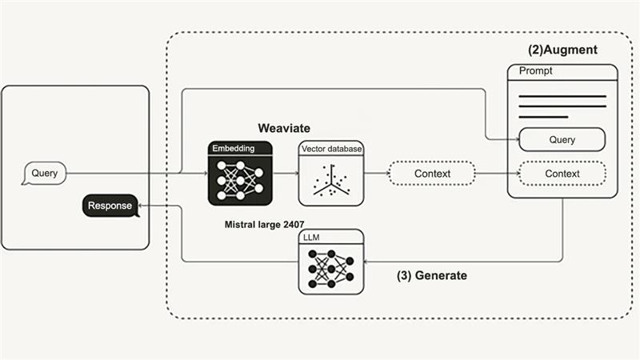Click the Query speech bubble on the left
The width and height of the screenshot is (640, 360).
(x=45, y=173)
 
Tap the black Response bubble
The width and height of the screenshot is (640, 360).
(x=109, y=206)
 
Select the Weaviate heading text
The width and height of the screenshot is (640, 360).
(x=283, y=128)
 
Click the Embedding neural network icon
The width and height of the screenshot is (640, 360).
(x=240, y=180)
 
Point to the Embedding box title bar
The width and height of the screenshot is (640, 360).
(x=240, y=149)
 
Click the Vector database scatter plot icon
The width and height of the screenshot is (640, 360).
(x=330, y=181)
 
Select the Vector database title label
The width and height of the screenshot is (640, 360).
(x=330, y=150)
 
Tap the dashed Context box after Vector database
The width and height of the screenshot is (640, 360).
(x=432, y=174)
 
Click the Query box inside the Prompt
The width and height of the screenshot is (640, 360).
(x=562, y=139)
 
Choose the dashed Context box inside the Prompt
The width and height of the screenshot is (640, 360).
(x=562, y=174)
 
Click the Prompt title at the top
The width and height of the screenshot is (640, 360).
(x=535, y=71)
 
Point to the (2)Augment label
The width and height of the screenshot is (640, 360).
(x=562, y=50)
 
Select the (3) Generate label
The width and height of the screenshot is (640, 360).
(x=432, y=275)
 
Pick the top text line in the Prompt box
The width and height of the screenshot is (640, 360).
(x=562, y=96)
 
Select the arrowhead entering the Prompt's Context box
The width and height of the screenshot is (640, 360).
(x=514, y=174)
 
